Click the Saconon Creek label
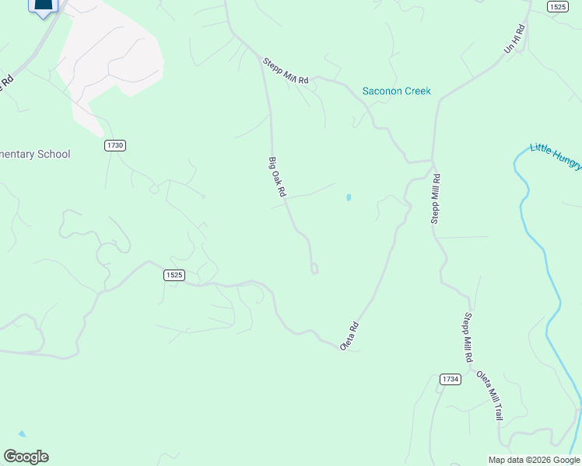click(396, 91)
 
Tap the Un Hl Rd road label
click(514, 39)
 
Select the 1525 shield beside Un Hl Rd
click(556, 6)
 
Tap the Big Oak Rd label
click(278, 177)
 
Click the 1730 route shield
click(115, 145)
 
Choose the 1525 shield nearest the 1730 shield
click(174, 275)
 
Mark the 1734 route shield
click(450, 379)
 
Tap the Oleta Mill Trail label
click(489, 396)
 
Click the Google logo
click(26, 457)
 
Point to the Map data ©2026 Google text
click(534, 460)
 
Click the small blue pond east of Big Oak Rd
click(349, 197)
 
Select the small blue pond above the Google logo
click(22, 433)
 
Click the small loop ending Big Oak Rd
click(314, 269)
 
